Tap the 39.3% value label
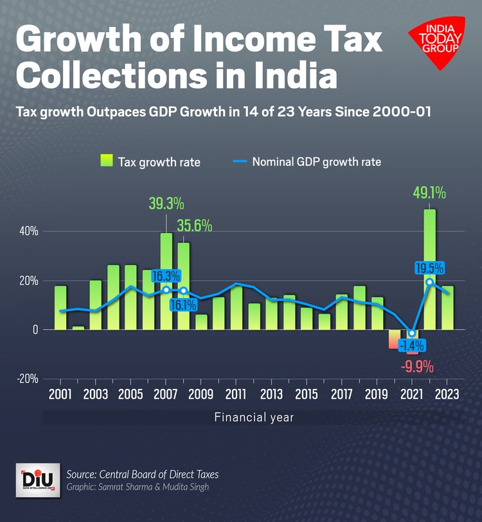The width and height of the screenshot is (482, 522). [166, 204]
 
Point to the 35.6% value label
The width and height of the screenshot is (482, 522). [194, 226]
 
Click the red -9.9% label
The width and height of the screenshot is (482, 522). [417, 367]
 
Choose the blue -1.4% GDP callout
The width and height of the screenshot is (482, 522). [411, 345]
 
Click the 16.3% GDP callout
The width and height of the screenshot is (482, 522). [166, 276]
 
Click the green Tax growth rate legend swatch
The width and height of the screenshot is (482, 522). [106, 161]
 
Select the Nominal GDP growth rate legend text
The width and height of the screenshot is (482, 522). [316, 161]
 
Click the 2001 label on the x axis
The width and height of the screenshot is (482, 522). [60, 394]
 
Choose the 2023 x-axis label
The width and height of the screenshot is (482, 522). [447, 394]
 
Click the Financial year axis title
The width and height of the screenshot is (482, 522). [254, 417]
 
